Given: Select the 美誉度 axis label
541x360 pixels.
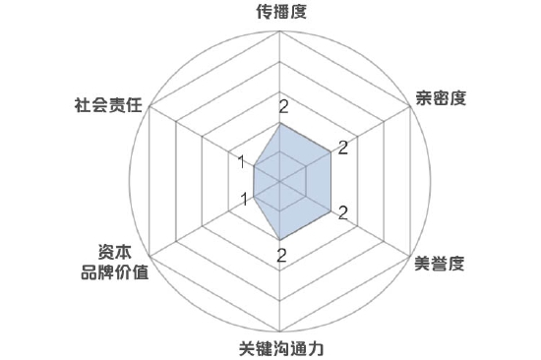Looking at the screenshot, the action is point(439,265).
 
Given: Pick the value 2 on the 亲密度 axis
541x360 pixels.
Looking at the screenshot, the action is point(342,150).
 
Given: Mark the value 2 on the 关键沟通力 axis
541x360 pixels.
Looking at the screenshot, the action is point(282,256).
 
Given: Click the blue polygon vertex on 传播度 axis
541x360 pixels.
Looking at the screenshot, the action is point(280,123).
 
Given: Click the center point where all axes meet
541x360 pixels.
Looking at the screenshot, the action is point(280,182).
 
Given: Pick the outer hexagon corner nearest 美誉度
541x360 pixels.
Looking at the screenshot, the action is point(408,256).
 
